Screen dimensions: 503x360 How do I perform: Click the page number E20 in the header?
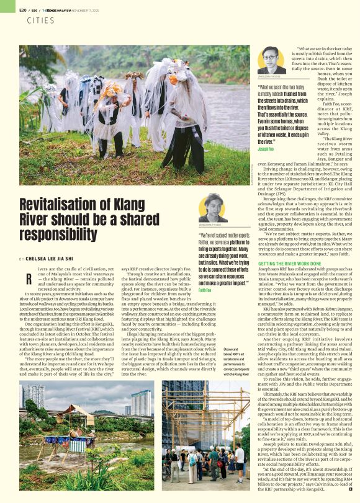22,10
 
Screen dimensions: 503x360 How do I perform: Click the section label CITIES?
40,20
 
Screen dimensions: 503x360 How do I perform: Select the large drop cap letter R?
29,278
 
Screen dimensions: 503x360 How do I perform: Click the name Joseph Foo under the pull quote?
266,149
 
